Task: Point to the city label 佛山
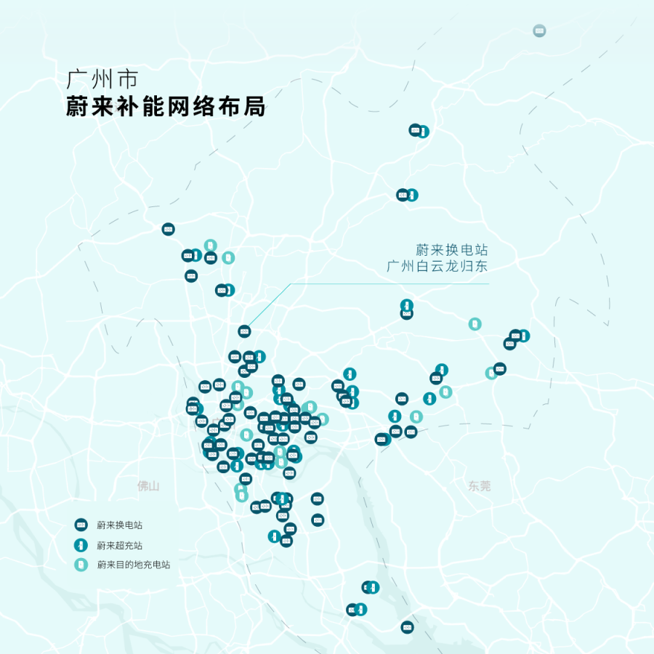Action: coord(148,485)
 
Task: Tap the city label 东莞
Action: coord(480,485)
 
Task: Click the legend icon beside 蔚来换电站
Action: coord(82,525)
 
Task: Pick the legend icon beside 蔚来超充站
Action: coord(82,544)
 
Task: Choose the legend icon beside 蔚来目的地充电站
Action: coord(82,564)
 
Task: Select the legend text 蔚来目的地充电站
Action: coord(133,565)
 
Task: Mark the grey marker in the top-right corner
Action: coord(538,31)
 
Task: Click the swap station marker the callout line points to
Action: coord(244,331)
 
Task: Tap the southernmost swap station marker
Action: coord(407,627)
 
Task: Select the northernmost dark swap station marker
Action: coord(415,130)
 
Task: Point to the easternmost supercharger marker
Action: coord(523,335)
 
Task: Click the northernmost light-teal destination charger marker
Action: coord(210,245)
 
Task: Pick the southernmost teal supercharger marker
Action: coord(360,609)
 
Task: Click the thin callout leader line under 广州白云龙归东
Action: coord(392,283)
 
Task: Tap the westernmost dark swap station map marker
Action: coord(168,229)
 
